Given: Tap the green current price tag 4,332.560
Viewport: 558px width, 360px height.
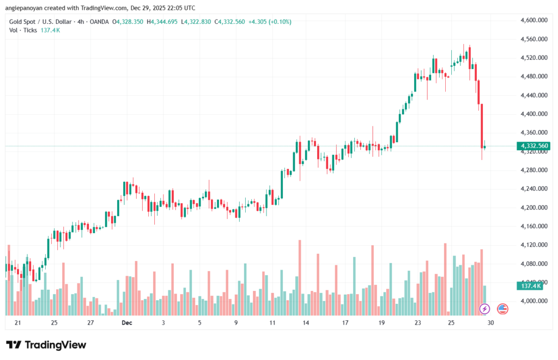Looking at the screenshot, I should pos(535,146).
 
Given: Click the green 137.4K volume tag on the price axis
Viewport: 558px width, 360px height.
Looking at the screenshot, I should pos(530,285).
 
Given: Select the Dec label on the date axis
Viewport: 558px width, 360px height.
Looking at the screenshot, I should pos(126,323).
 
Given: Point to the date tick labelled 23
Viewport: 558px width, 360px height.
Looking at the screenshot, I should pos(417,323).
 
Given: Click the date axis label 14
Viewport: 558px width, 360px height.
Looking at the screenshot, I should pos(307,323).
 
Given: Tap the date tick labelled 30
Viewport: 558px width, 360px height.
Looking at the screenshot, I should pos(490,323).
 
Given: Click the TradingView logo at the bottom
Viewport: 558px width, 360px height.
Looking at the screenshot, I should pos(46,345).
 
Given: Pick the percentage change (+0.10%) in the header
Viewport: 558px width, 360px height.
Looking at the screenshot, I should pos(278,22).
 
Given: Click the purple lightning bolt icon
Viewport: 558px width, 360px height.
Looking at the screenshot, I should pos(484,309).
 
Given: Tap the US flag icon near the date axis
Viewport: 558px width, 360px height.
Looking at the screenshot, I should pos(502,309).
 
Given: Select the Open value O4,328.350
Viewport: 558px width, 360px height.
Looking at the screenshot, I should pos(128,22).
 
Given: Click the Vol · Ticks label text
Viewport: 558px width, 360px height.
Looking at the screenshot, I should pos(23,30).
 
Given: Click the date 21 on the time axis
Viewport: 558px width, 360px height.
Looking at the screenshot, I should pos(17,323).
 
